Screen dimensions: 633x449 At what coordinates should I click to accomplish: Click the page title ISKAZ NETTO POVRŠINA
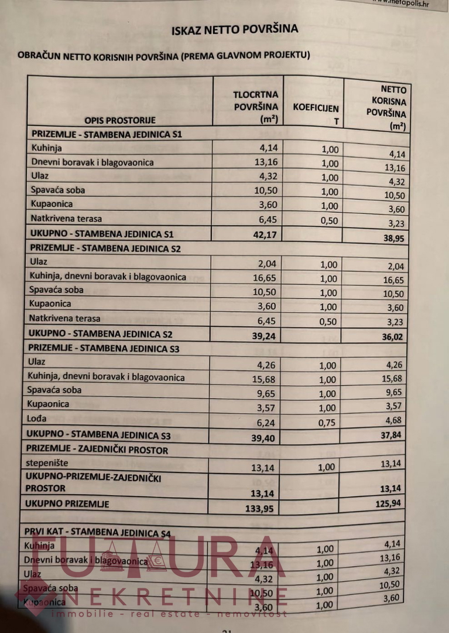tap(235, 29)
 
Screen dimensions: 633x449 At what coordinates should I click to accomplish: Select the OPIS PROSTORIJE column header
tap(120, 120)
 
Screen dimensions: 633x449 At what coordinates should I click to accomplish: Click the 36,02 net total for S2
tap(393, 338)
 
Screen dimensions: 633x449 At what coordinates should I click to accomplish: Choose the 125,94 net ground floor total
tap(391, 503)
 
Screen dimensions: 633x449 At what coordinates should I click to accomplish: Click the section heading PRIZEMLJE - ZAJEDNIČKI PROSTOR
tap(97, 450)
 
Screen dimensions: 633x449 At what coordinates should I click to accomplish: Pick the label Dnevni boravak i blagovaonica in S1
tap(92, 162)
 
